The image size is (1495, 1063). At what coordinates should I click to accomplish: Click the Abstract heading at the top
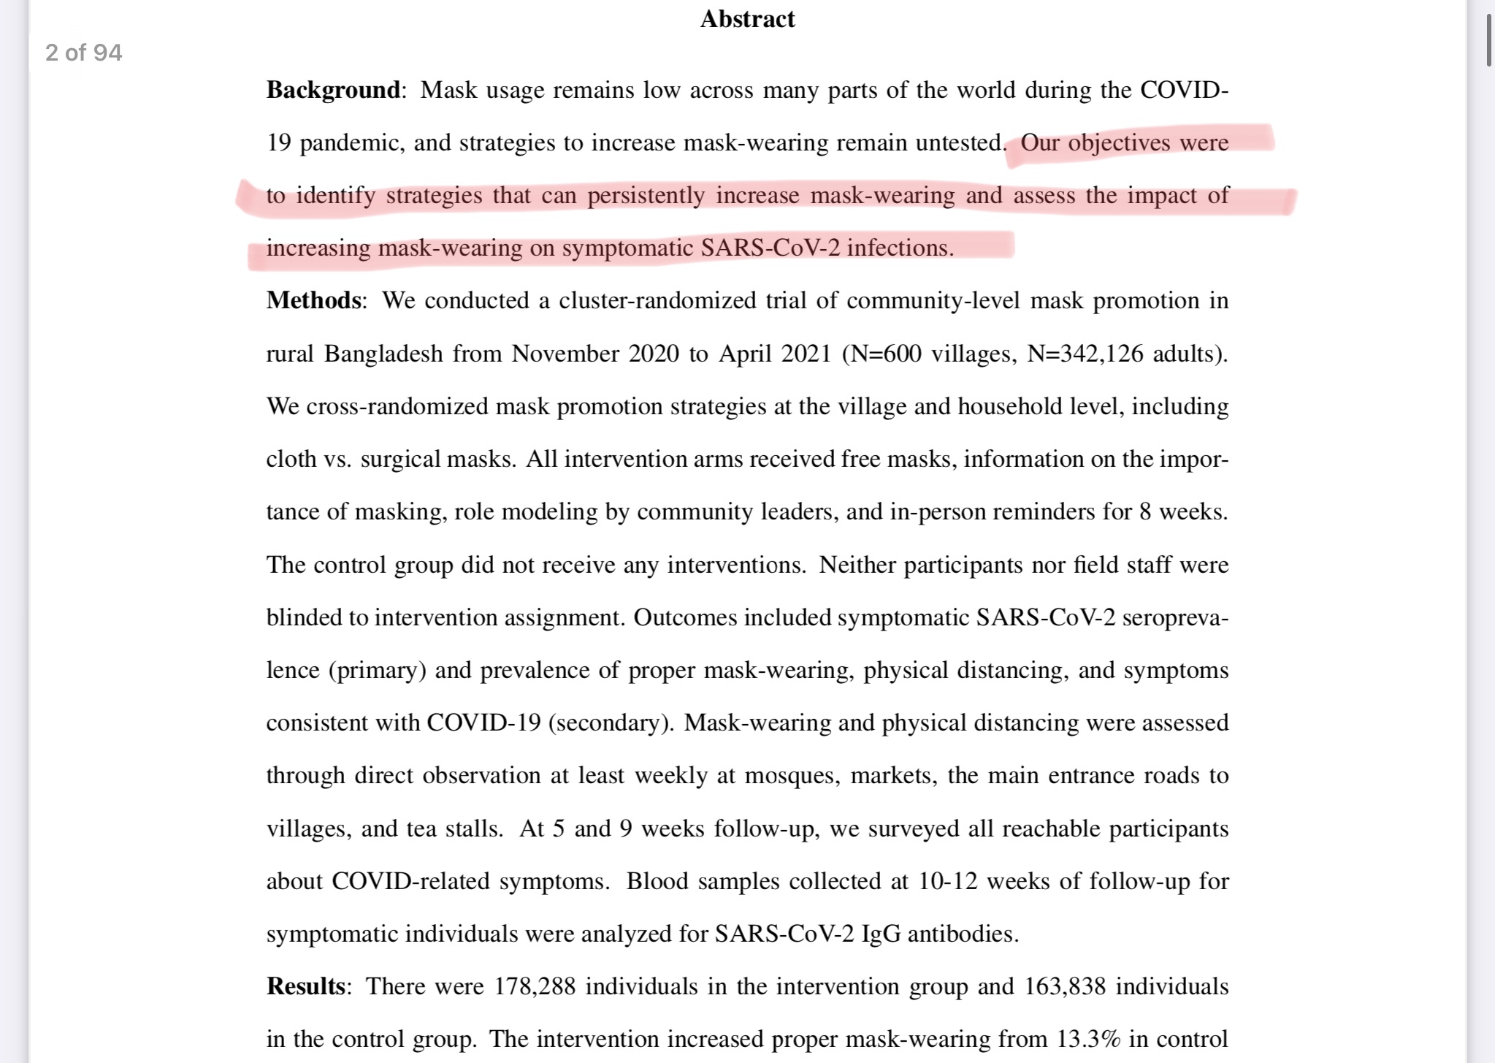coord(747,19)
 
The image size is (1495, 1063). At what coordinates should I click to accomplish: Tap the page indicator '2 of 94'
coord(83,53)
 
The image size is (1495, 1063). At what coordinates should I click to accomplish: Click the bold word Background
coord(333,90)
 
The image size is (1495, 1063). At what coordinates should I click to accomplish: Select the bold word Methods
coord(313,300)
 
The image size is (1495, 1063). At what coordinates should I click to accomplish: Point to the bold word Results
coord(305,986)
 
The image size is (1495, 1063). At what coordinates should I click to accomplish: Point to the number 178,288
coord(535,986)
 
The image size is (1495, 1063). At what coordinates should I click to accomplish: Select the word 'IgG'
coord(881,934)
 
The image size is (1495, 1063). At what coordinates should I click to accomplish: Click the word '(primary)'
coord(377,670)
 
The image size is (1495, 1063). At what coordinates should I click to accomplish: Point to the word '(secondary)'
coord(611,723)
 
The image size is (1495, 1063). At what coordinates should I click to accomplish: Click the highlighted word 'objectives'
coord(1119,142)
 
